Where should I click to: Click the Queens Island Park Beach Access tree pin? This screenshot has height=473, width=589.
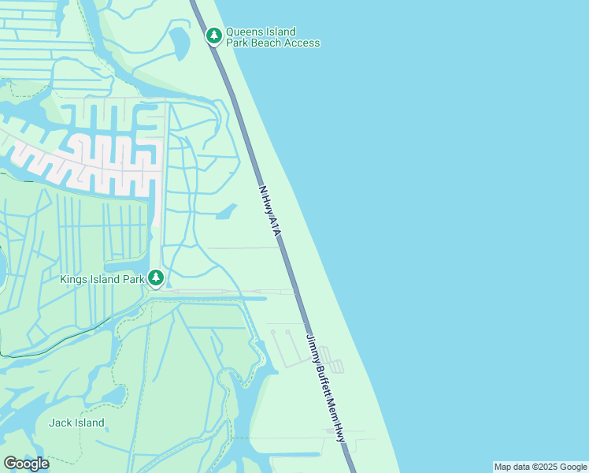tap(213, 35)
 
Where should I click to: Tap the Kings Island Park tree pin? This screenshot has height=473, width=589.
tap(156, 277)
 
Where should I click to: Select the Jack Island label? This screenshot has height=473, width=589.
tap(76, 423)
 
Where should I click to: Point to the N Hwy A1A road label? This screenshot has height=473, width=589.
tap(269, 212)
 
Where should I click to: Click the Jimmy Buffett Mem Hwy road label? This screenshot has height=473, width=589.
tap(325, 386)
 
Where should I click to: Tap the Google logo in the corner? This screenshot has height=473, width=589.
tap(27, 464)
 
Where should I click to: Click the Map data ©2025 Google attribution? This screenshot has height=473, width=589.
tap(540, 467)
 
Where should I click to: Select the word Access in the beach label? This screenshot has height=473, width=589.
tap(303, 43)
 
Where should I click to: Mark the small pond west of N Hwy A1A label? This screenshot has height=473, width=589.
tap(227, 212)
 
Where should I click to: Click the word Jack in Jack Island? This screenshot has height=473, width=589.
tap(61, 423)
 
